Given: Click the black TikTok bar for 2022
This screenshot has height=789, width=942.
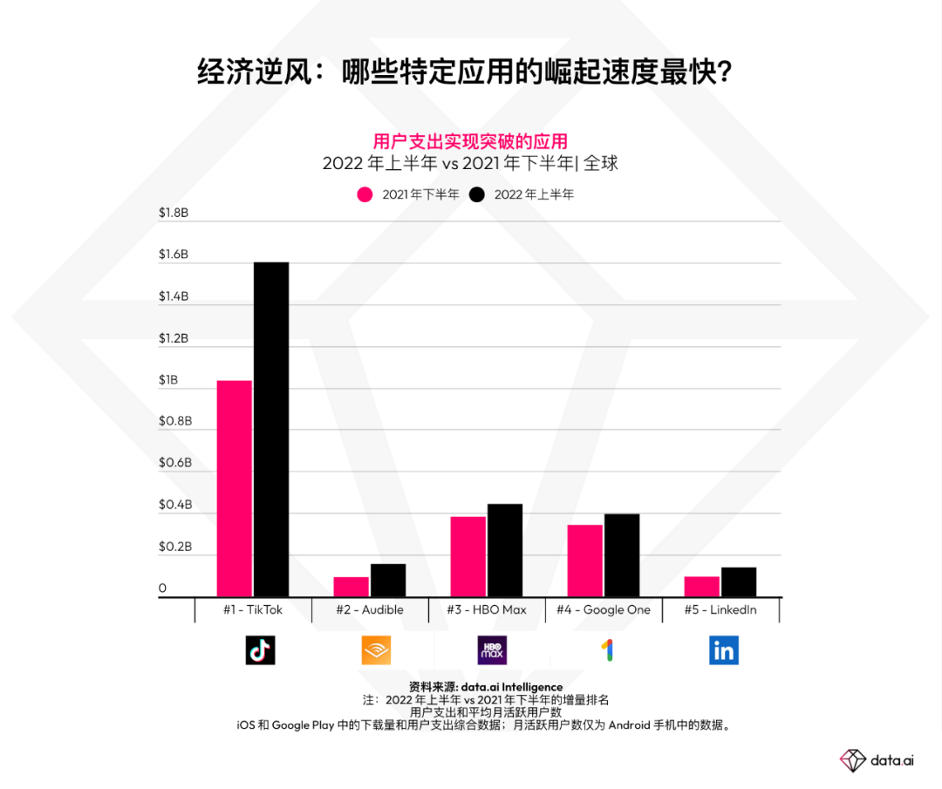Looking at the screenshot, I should (270, 429).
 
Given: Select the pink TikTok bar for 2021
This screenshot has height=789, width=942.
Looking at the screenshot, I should (234, 488).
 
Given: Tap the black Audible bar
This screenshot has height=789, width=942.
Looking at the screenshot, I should (387, 580).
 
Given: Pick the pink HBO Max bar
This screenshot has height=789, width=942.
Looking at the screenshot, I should (468, 556).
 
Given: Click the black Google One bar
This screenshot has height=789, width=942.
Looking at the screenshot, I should (621, 554).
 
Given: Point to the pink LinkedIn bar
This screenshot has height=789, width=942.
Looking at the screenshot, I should (701, 586).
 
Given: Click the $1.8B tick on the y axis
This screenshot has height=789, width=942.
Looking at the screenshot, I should (174, 213).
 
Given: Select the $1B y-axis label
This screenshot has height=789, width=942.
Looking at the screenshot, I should (167, 380).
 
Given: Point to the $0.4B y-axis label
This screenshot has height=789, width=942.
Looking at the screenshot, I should (174, 506).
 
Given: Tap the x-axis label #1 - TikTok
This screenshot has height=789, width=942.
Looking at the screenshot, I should (252, 609).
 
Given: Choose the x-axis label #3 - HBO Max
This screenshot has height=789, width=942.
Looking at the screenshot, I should (487, 609).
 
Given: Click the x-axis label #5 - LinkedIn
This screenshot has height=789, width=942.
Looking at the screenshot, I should (720, 609).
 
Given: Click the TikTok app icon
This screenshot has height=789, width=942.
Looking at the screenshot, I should (260, 650).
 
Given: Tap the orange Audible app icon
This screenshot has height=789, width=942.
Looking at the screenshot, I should (376, 650).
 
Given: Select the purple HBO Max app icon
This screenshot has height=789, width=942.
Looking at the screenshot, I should (492, 650).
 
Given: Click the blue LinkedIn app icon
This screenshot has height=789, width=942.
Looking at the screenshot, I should (724, 650).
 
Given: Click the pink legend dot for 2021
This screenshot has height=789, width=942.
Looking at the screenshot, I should (365, 194).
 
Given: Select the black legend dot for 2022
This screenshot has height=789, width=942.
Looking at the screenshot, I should (477, 194).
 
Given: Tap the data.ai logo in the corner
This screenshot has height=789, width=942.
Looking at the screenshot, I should (877, 759).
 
